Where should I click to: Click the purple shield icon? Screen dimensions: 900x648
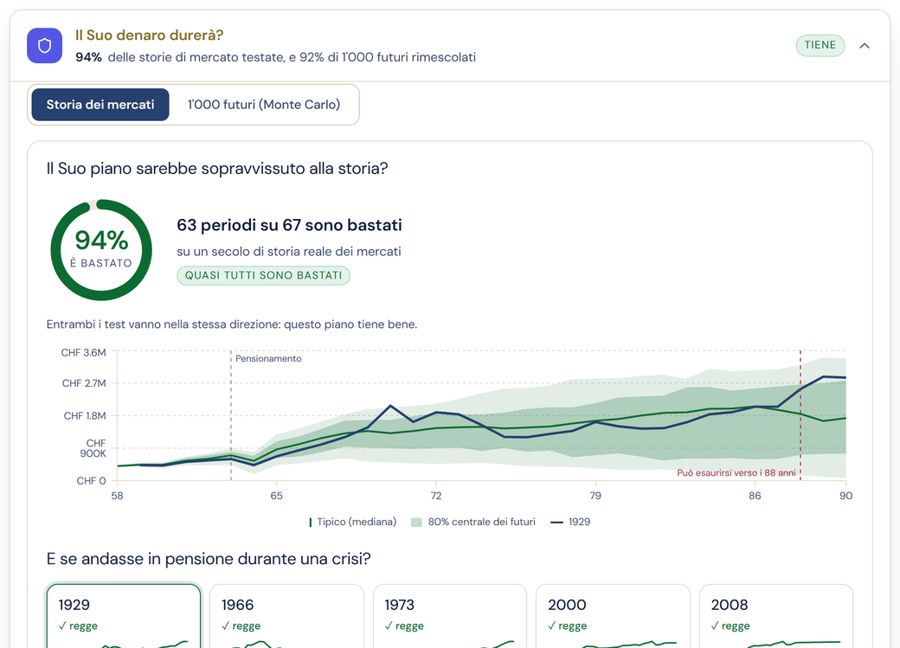[44, 45]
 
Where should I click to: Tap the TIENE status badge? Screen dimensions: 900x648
[820, 45]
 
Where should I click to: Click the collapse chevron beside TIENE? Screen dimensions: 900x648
[865, 46]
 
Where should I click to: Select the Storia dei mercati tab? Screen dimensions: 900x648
[100, 105]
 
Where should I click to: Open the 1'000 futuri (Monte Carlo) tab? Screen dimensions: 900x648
[264, 105]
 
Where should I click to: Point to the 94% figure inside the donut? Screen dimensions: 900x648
[101, 240]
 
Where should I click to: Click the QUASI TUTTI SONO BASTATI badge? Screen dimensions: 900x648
[263, 275]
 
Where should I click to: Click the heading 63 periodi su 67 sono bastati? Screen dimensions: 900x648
[289, 225]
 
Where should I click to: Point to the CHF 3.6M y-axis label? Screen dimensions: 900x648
[84, 352]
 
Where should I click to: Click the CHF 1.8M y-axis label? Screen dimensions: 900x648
[85, 415]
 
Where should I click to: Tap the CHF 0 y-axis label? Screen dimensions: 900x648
[91, 481]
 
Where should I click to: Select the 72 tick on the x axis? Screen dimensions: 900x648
[436, 496]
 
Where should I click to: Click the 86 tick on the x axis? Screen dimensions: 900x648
[755, 496]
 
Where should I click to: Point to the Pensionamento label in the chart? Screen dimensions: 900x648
[268, 359]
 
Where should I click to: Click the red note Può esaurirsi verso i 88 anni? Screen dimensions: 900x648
[736, 473]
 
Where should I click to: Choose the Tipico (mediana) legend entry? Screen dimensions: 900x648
[352, 522]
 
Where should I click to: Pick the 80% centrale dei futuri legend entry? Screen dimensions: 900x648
[473, 522]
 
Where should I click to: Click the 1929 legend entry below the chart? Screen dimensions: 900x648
[570, 522]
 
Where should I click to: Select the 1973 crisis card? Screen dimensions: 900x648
[449, 616]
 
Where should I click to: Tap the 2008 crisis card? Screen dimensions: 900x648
[776, 616]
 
